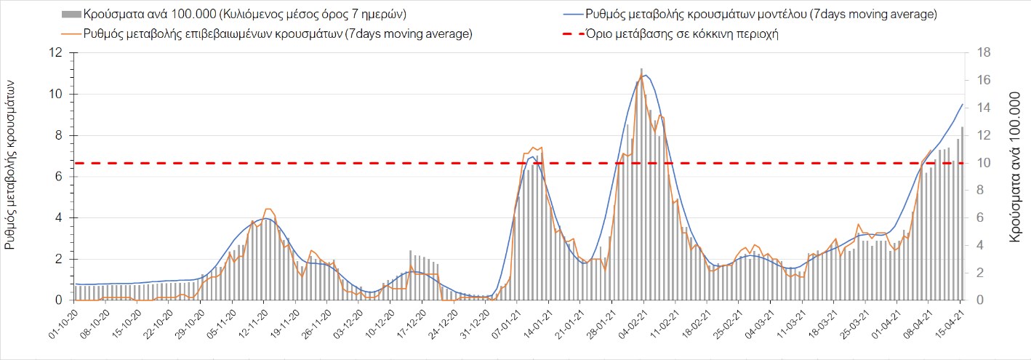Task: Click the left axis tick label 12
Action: coord(55,53)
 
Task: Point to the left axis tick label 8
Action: coord(59,136)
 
